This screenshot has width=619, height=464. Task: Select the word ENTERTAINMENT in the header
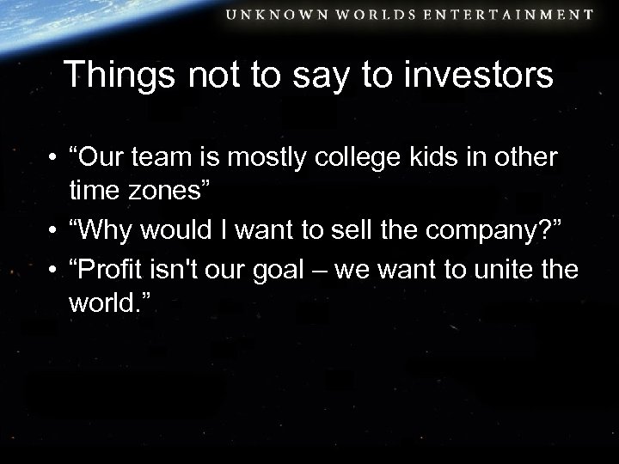tap(513, 14)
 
